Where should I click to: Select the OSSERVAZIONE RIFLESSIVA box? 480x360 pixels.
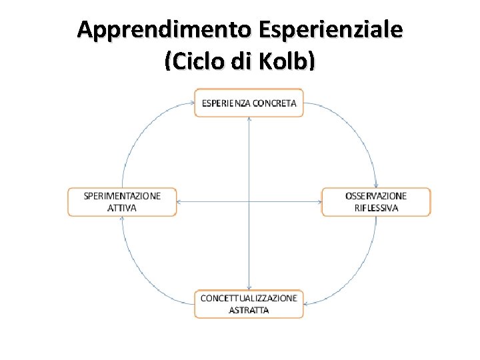point(376,202)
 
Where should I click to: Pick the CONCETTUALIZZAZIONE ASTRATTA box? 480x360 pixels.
point(249,304)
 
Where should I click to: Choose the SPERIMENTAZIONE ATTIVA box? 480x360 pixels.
point(122,202)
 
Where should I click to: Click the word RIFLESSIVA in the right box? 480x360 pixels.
point(376,208)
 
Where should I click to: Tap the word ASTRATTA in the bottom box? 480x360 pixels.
point(249,311)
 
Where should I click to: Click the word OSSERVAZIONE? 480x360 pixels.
point(376,196)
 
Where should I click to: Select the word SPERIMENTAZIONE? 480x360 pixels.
point(122,196)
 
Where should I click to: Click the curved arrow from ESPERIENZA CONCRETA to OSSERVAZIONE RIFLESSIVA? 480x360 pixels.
point(360,133)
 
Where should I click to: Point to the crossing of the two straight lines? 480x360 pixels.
point(249,202)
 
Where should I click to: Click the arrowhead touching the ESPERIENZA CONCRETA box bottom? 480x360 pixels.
point(249,120)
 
